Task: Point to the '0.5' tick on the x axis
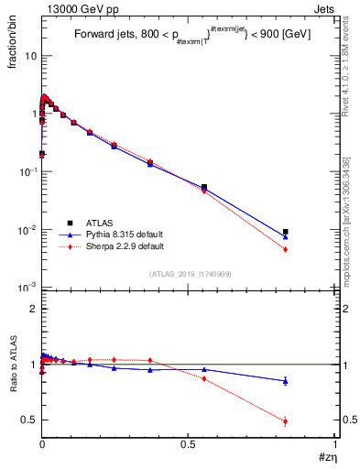(189, 443)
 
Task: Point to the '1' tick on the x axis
(335, 443)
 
